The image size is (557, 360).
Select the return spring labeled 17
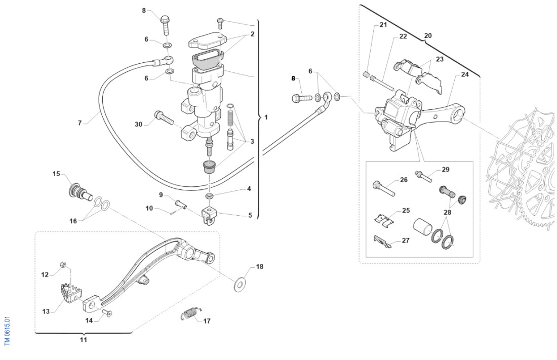click(189, 315)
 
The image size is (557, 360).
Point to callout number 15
click(56, 174)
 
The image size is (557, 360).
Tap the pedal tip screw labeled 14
click(108, 313)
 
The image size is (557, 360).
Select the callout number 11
click(83, 340)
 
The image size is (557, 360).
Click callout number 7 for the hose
click(79, 123)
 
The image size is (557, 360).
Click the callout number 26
click(404, 180)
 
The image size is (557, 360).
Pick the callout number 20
click(428, 36)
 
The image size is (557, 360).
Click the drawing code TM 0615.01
click(7, 331)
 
